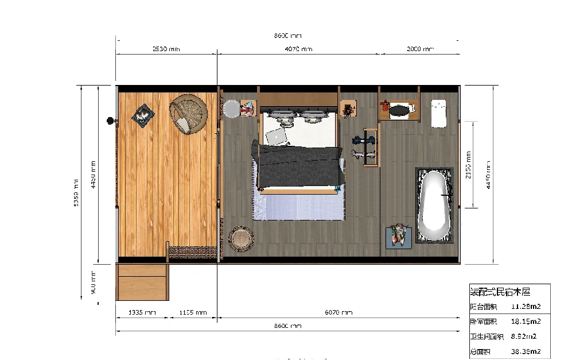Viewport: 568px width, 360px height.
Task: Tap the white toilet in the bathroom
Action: (x=439, y=113)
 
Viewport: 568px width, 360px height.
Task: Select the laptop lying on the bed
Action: (x=276, y=137)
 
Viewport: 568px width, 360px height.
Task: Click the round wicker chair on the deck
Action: (x=188, y=114)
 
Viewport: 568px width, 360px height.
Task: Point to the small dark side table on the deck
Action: (x=143, y=114)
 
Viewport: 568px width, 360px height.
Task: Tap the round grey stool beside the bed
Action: (x=231, y=109)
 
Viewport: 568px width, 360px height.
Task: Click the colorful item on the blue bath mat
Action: (x=399, y=235)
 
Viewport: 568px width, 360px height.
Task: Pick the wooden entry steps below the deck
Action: (x=142, y=282)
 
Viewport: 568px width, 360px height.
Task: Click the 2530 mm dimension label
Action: (x=166, y=49)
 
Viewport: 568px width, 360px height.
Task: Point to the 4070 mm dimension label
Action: (x=298, y=49)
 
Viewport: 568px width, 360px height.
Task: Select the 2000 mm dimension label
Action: (x=420, y=49)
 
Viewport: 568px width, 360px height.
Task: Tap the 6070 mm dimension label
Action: (x=339, y=313)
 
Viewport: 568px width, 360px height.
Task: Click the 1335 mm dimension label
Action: (x=141, y=313)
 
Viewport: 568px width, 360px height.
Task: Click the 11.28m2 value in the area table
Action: (x=526, y=306)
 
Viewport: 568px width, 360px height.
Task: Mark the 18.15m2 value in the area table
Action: (x=526, y=322)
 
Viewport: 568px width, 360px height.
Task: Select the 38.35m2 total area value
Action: (x=526, y=351)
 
